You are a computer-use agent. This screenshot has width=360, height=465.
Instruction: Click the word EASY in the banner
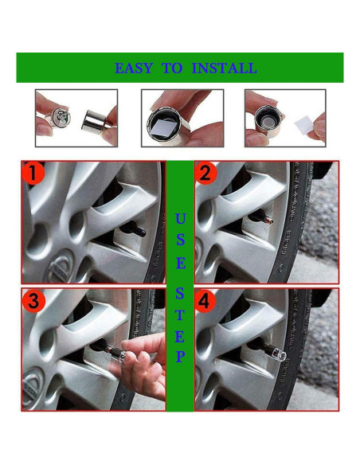(134, 68)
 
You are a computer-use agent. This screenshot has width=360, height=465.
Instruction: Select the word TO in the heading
(172, 68)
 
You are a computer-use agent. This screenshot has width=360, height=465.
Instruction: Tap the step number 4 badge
(206, 302)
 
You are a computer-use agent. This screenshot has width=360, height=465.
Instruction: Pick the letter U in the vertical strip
(180, 218)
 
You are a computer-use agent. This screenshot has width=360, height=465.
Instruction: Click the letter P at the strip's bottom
(180, 356)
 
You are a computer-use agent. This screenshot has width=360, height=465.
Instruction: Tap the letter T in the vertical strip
(180, 315)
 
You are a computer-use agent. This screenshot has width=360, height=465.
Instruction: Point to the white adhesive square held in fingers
(305, 126)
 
